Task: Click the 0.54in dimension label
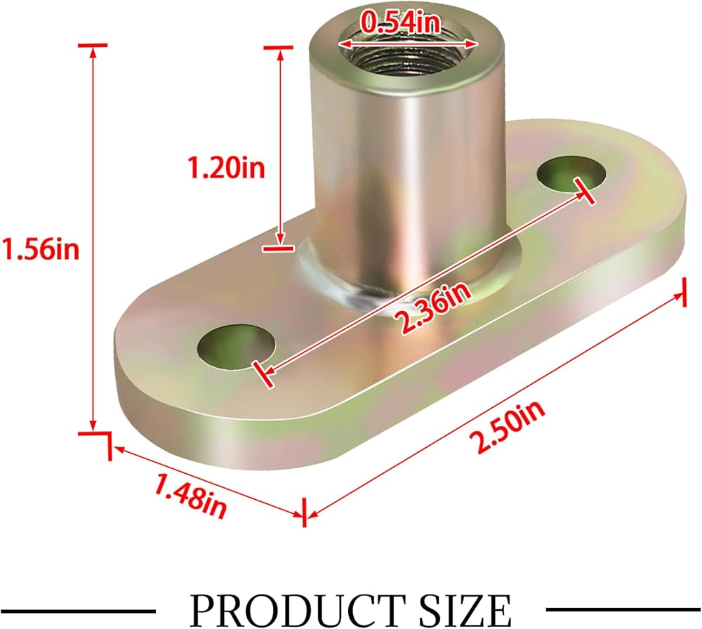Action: (x=401, y=22)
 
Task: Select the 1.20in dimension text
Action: (x=227, y=168)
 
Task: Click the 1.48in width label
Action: (x=190, y=496)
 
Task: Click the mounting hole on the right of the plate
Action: (x=571, y=173)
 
